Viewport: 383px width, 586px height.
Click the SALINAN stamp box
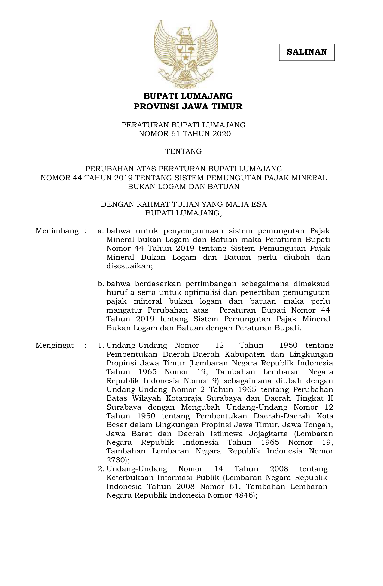[x=307, y=52]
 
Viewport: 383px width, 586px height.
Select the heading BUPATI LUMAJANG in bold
[x=188, y=96]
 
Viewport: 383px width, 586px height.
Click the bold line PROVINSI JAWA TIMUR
[x=188, y=107]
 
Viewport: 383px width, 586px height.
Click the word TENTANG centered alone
[x=184, y=151]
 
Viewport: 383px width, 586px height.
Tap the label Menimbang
[x=57, y=231]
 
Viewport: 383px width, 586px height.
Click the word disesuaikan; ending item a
[x=129, y=266]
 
